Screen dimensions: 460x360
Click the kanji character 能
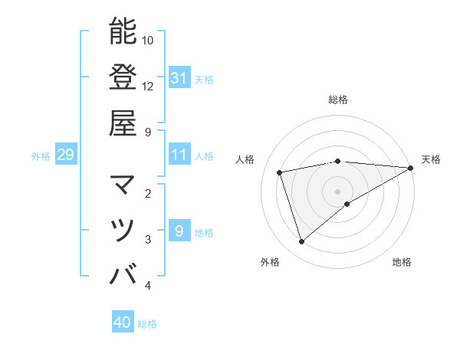pyautogui.click(x=123, y=31)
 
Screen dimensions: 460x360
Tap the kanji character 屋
pyautogui.click(x=123, y=123)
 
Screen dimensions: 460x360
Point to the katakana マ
pyautogui.click(x=123, y=185)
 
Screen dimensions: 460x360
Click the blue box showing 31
pyautogui.click(x=179, y=78)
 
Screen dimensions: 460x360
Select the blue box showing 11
pyautogui.click(x=179, y=155)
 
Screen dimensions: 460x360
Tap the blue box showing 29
pyautogui.click(x=66, y=155)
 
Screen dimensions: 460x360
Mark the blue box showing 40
pyautogui.click(x=123, y=322)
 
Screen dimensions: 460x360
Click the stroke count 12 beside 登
pyautogui.click(x=148, y=86)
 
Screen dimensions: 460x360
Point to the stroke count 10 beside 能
pyautogui.click(x=148, y=40)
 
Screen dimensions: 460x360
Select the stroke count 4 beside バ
pyautogui.click(x=148, y=286)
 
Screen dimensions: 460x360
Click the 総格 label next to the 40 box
pyautogui.click(x=147, y=324)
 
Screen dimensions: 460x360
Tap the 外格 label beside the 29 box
pyautogui.click(x=41, y=156)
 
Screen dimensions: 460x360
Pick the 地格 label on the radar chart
pyautogui.click(x=402, y=262)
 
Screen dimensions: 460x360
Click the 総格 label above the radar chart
pyautogui.click(x=338, y=100)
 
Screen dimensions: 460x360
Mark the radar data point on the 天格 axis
pyautogui.click(x=410, y=168)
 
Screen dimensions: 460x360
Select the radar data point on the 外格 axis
pyautogui.click(x=301, y=241)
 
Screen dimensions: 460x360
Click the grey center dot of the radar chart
pyautogui.click(x=338, y=191)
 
